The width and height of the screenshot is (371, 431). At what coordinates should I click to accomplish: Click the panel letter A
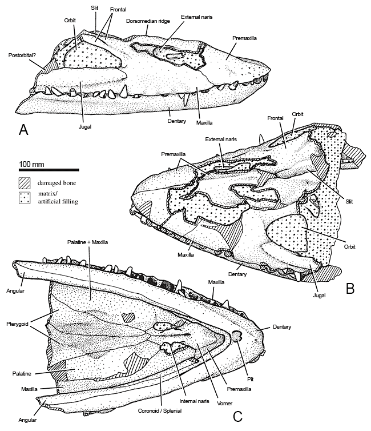point(23,130)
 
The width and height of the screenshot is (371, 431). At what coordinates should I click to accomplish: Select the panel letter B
point(350,288)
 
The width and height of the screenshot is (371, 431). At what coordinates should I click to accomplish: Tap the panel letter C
point(237,417)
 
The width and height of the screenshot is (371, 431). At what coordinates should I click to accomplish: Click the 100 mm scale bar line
point(49,170)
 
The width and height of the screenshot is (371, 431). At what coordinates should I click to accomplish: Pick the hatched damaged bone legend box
point(25,183)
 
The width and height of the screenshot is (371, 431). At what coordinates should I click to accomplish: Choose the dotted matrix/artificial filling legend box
point(25,198)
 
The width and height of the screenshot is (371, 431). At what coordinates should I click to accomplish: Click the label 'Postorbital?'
point(22,55)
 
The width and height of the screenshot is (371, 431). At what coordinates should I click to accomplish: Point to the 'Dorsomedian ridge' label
point(148,21)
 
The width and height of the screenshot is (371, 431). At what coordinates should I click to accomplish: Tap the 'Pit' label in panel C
point(250,380)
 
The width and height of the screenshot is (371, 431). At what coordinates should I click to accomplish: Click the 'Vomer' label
point(224,403)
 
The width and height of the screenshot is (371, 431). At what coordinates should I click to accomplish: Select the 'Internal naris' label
point(194,401)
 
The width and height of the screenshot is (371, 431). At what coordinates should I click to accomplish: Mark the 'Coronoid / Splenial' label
point(160,411)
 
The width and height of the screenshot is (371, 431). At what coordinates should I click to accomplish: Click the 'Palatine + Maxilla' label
point(87,242)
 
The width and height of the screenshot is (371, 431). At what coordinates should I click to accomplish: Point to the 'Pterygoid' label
point(17,324)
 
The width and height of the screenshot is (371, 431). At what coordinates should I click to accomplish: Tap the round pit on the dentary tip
point(236,336)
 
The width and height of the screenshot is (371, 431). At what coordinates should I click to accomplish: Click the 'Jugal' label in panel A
point(85,127)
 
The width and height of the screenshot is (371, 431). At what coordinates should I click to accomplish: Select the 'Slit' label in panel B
point(349,201)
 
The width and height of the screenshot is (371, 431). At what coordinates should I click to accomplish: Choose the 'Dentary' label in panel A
point(177,121)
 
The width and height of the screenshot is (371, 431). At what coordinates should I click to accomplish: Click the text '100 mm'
point(31,165)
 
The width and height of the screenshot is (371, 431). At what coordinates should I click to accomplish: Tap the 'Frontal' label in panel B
point(275,118)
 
